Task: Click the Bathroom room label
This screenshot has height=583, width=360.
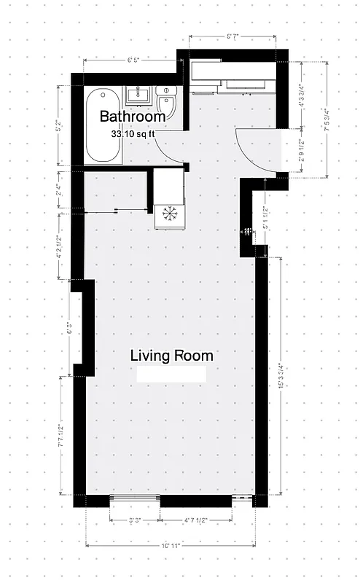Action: coord(133,117)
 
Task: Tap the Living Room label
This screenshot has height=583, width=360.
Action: coord(172,356)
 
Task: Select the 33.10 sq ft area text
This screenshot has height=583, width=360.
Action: coord(133,134)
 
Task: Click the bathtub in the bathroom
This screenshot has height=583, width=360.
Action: coord(103,127)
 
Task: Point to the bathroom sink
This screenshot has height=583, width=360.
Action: coord(138,95)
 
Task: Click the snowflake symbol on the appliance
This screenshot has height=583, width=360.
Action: coord(169,213)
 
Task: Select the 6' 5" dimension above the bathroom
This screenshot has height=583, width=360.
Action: coord(133,60)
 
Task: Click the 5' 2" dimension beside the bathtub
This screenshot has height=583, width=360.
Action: coord(59,125)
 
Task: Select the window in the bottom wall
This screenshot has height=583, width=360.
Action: coord(134,501)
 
